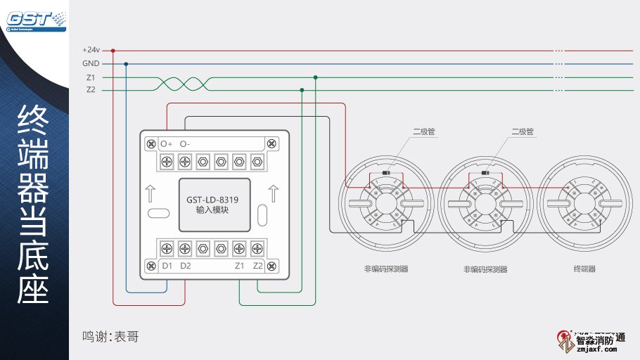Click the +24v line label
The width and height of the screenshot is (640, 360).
click(91, 51)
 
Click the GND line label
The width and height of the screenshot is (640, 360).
click(91, 64)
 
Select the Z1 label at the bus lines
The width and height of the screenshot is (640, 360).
click(91, 77)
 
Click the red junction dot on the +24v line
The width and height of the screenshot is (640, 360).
click(113, 51)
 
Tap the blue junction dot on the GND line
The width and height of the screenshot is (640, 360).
click(126, 64)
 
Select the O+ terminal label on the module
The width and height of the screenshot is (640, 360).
click(167, 144)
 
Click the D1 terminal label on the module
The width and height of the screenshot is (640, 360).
click(167, 266)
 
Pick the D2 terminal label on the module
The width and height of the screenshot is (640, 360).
click(186, 266)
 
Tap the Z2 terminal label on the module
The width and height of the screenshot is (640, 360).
click(258, 266)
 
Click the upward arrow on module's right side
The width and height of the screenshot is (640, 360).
click(274, 193)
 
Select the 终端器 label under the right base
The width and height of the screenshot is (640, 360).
click(584, 269)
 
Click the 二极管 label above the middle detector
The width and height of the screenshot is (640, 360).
click(523, 131)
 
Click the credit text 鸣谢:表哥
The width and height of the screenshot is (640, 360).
click(110, 337)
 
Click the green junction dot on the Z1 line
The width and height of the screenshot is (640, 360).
click(315, 77)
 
